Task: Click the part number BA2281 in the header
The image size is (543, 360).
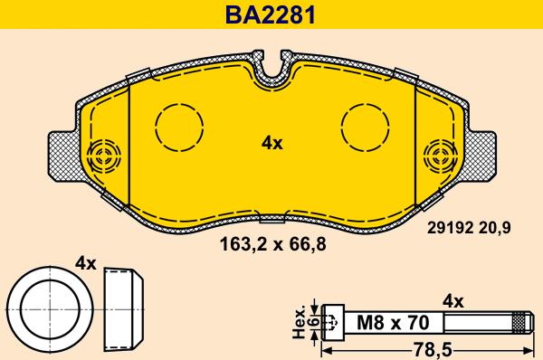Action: [x=271, y=14]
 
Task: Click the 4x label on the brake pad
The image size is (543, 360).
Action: [x=271, y=143]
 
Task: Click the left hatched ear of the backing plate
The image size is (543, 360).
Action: [x=62, y=154]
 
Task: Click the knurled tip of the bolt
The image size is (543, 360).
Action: [x=519, y=322]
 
